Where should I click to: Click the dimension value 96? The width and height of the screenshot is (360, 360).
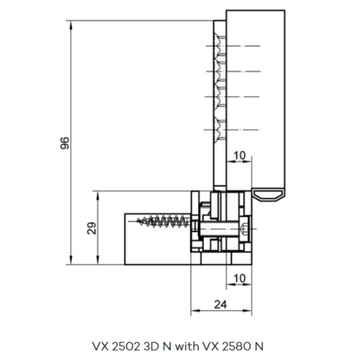coord(65,143)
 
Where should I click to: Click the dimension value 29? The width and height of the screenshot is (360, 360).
coord(92,228)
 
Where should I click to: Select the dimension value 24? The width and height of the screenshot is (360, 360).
coord(221,304)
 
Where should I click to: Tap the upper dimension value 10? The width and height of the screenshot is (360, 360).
coord(240,155)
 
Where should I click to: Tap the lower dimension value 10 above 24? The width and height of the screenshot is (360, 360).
coord(240,278)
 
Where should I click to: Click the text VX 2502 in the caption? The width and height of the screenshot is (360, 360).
coord(116,346)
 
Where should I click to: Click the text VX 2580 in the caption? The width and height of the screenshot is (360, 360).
coord(226,346)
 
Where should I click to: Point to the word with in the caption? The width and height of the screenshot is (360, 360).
coord(187,346)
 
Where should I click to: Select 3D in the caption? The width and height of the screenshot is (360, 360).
coord(150,346)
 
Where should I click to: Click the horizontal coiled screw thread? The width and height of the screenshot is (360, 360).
coord(163,221)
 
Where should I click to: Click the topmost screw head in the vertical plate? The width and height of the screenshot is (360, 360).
coord(220,46)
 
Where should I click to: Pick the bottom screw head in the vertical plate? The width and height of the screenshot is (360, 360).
coord(220,129)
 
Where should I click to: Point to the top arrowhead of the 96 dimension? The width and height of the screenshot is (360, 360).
coord(71,25)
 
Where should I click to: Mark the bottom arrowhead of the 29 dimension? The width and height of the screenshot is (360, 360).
coord(97,260)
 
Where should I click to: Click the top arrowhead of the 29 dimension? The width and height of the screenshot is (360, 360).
coord(97,195)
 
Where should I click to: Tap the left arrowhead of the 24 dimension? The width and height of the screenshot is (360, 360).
coord(195,310)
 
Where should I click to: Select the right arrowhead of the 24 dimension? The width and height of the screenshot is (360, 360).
coord(247,310)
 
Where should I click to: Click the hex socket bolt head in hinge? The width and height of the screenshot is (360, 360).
coord(244,229)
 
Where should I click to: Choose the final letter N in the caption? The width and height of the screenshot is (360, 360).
coord(259,346)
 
